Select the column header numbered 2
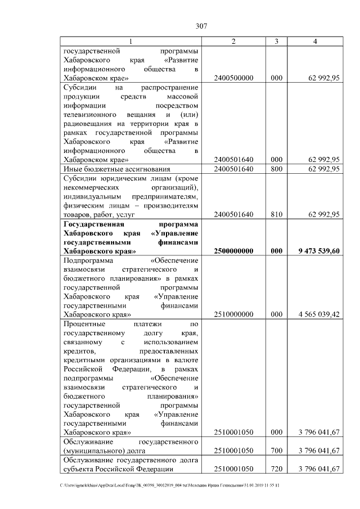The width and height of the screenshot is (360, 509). [x=233, y=42]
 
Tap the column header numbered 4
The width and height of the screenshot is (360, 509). [x=315, y=42]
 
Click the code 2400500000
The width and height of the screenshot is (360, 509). [x=233, y=78]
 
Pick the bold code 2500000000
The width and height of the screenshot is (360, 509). [x=233, y=251]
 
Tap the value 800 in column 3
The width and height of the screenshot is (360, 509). [x=276, y=168]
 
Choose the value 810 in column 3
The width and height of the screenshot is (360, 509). [x=276, y=214]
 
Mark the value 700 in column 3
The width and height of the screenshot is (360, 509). [x=276, y=451]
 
